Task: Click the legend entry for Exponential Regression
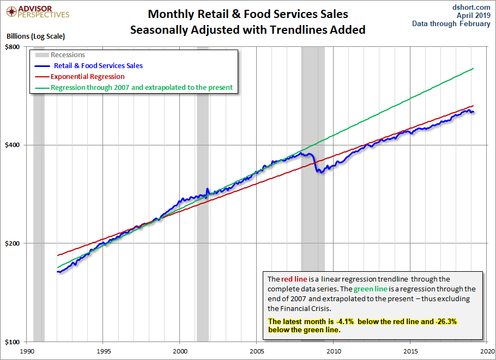(x=87, y=77)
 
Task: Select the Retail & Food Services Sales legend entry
(x=98, y=66)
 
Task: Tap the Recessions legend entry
(x=68, y=55)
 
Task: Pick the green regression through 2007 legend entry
(x=142, y=87)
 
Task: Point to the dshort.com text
(x=471, y=7)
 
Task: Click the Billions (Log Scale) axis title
(x=36, y=36)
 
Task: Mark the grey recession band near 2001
(x=202, y=191)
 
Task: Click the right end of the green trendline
(x=473, y=68)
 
